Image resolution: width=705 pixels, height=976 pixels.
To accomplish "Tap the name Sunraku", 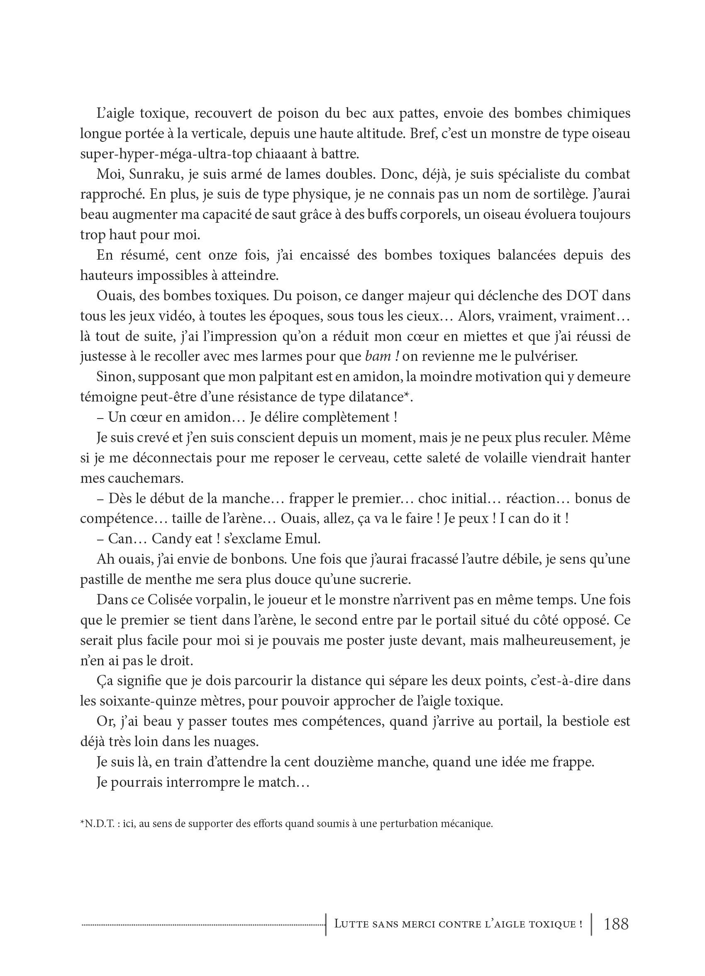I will point(145,174).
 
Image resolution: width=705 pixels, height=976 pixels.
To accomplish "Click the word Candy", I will point(170,539).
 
